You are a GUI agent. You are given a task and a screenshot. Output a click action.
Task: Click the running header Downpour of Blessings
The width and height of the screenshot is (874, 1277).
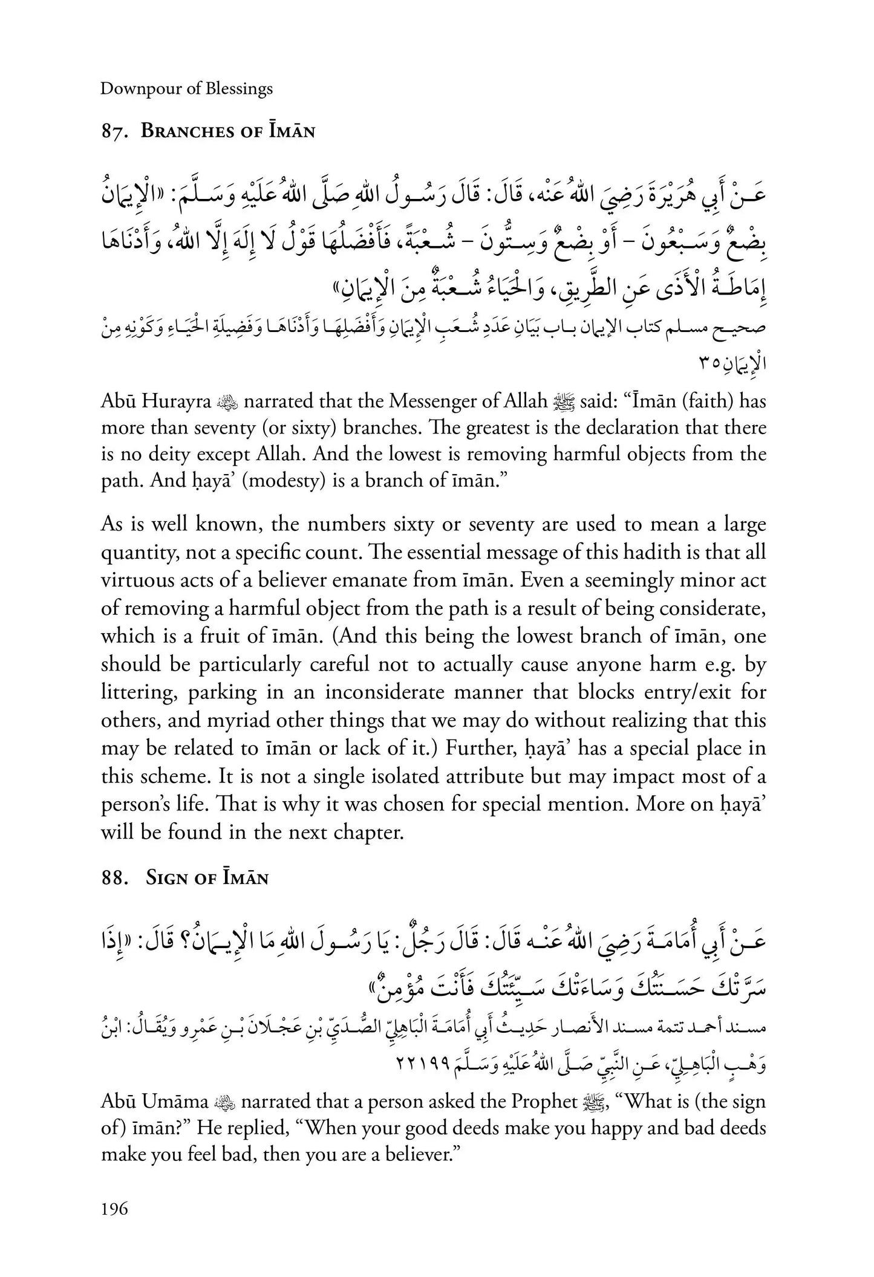click(x=186, y=89)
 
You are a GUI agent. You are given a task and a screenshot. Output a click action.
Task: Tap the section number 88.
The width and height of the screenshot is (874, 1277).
click(x=114, y=879)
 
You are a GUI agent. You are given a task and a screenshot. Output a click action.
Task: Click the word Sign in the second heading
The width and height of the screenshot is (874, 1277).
click(x=164, y=879)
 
